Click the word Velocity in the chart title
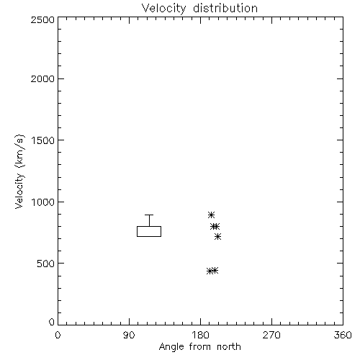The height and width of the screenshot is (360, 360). [x=164, y=9]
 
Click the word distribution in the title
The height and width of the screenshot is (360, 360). [x=225, y=8]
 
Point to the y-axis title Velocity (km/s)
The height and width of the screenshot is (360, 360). [x=19, y=171]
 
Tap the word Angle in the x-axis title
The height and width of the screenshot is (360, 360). [x=171, y=347]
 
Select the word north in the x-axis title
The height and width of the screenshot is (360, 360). [x=229, y=346]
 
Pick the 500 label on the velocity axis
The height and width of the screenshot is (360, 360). [x=45, y=264]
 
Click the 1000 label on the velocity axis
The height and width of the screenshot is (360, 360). [x=43, y=202]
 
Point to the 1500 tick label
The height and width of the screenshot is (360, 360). [x=43, y=140]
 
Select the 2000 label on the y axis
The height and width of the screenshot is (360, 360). [x=42, y=79]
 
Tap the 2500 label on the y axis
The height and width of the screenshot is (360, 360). [x=42, y=19]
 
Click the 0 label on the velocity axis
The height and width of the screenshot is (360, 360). [x=52, y=322]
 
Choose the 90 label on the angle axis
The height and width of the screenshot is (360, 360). [x=129, y=335]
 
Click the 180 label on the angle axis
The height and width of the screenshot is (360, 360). [x=200, y=335]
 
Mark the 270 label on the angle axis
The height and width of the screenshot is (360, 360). [x=271, y=335]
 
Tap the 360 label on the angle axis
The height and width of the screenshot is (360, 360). [x=343, y=335]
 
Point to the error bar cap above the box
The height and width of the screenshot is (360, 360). [x=149, y=215]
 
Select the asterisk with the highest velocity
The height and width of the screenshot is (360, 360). [x=211, y=215]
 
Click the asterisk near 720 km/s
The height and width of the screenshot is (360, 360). [x=217, y=237]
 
